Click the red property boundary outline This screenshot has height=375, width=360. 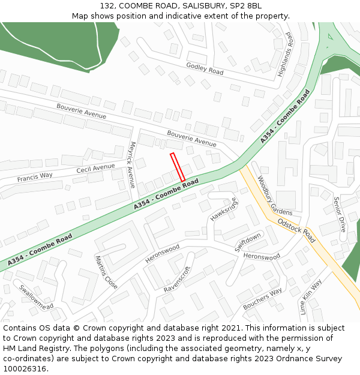coord(178,167)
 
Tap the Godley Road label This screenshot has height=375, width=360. coord(205,68)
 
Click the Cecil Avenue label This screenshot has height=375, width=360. coord(95,169)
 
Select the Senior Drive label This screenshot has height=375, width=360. coord(340,214)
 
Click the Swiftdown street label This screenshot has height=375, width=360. coord(248,242)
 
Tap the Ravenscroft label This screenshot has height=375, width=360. coord(177,280)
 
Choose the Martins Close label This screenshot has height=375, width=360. coord(106,272)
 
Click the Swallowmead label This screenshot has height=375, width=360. coord(36,296)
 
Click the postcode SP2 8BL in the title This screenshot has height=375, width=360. coord(245,5)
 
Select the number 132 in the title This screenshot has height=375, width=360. coord(107,5)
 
